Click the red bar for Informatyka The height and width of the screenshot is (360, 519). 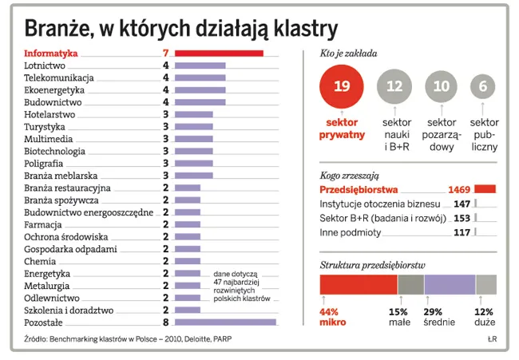tap(219, 53)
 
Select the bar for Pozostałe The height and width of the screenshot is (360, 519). tap(225, 322)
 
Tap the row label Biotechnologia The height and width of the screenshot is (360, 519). tap(54, 151)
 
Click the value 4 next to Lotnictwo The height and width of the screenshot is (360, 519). tap(165, 66)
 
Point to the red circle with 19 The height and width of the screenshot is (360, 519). tap(341, 86)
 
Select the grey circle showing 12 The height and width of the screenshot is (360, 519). tap(394, 86)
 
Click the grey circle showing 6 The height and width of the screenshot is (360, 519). tap(482, 86)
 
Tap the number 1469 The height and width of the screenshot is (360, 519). tap(457, 189)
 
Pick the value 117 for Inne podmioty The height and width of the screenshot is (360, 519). tap(462, 232)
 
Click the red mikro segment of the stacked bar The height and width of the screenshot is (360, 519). tap(358, 285)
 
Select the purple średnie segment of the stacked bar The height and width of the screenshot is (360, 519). tap(450, 285)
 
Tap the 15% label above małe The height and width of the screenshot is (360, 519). tap(398, 311)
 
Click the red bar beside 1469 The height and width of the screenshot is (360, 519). tap(485, 189)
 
